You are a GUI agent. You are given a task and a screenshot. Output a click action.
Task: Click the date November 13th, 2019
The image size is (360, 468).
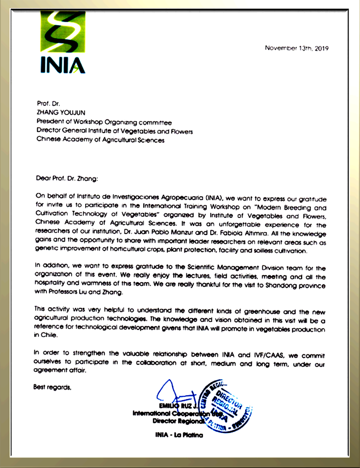[297, 48]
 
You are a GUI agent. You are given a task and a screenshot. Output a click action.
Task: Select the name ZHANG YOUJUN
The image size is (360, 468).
[61, 113]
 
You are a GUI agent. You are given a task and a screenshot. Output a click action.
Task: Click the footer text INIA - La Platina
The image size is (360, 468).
[179, 435]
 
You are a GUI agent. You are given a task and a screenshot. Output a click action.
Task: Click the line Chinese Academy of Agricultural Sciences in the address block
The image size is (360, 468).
[100, 140]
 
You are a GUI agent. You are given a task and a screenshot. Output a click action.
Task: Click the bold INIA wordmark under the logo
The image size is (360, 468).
[62, 65]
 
